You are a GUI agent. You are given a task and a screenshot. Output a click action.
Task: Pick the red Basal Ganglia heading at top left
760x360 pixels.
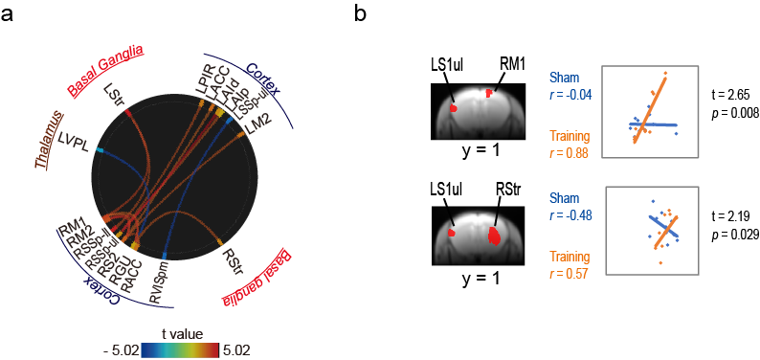click(106, 69)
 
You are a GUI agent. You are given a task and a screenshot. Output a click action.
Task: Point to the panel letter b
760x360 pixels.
click(361, 15)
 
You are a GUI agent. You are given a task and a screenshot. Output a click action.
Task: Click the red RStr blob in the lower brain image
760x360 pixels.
click(495, 236)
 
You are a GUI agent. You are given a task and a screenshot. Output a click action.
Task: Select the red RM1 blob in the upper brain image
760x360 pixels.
click(489, 92)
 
